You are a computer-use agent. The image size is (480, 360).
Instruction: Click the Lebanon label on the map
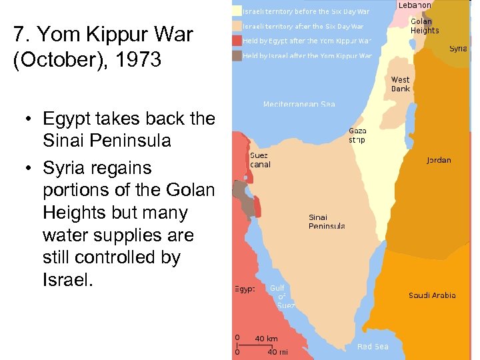(414, 5)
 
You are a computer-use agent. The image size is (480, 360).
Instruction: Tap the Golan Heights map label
(425, 26)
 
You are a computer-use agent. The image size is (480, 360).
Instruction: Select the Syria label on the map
(458, 49)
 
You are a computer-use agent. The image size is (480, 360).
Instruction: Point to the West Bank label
(401, 85)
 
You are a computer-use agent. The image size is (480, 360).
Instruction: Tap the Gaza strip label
(357, 135)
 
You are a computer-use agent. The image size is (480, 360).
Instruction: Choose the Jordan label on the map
(439, 160)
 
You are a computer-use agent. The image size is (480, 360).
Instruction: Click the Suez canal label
(260, 160)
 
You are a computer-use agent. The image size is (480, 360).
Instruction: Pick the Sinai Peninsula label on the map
(327, 222)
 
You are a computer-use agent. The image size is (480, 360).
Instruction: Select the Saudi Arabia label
(432, 295)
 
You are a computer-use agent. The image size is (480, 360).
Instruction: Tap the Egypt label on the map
(245, 289)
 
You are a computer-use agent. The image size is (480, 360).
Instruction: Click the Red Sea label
(373, 347)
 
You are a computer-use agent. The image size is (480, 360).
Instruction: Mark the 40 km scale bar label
(267, 339)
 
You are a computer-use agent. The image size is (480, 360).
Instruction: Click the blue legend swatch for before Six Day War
(236, 11)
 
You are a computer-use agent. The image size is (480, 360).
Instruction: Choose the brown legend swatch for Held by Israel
(236, 56)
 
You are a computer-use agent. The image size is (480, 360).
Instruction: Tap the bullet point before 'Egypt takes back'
(30, 119)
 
